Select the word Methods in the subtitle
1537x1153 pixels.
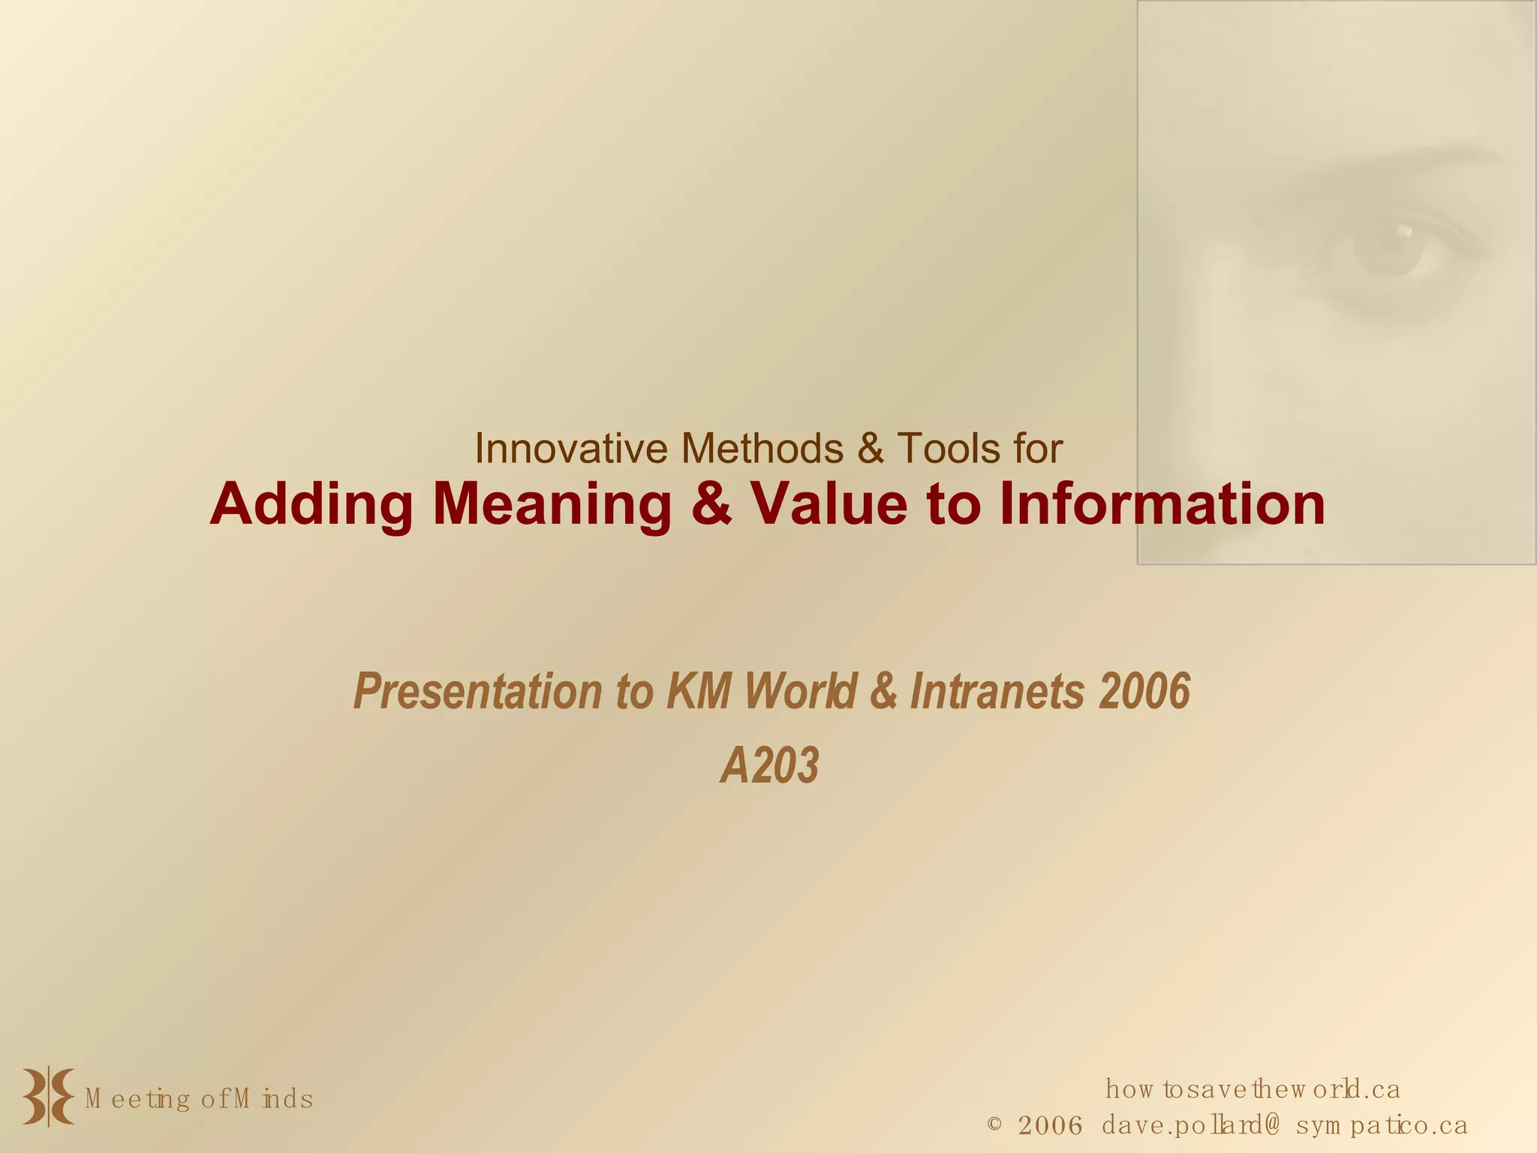(762, 449)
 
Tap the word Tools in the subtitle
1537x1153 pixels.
(949, 449)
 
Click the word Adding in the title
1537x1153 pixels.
(311, 504)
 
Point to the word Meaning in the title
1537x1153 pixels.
(552, 504)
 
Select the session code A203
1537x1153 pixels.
(769, 766)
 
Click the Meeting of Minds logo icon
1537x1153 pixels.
(48, 1097)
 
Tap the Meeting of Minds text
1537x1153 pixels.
(199, 1099)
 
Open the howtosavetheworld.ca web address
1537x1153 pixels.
(1252, 1088)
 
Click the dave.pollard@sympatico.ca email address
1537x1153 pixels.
(1284, 1125)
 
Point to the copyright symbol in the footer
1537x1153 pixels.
(994, 1124)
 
